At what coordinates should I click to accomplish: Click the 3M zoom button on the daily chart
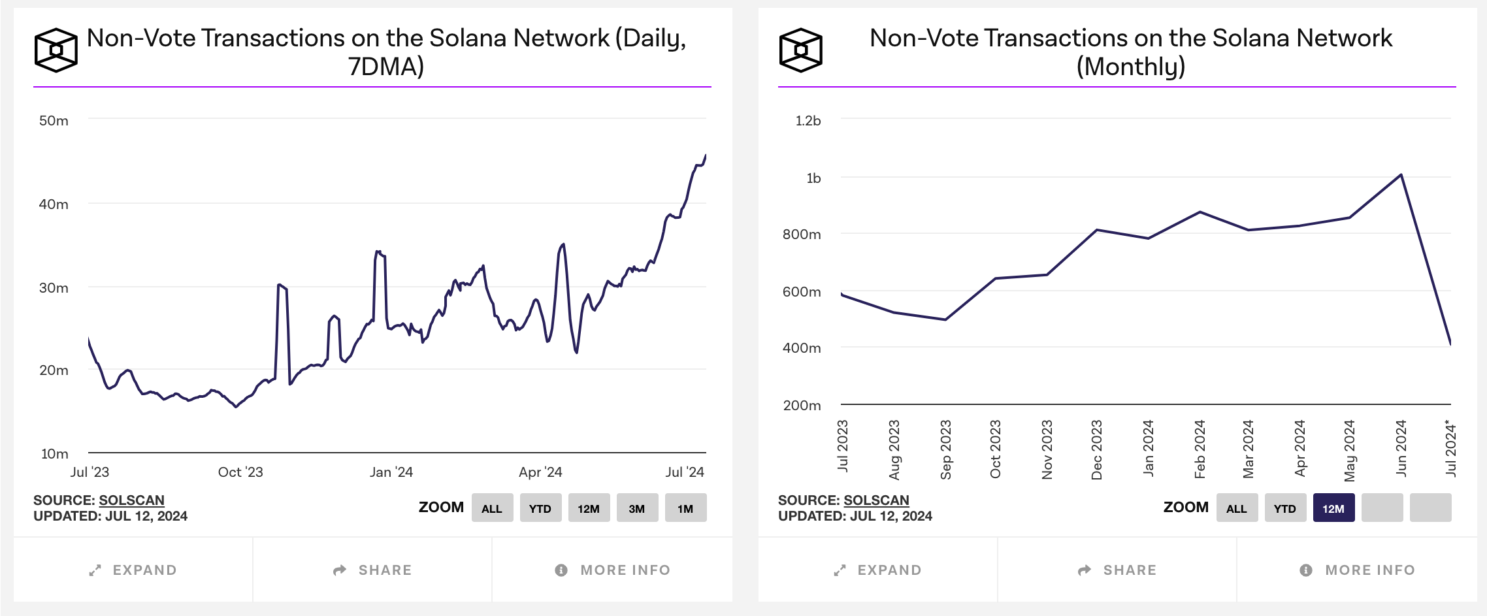[x=637, y=508]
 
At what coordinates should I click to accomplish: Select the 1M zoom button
[x=685, y=508]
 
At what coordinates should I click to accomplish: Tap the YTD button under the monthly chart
[x=1284, y=508]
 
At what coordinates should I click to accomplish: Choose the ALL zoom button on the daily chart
[x=492, y=508]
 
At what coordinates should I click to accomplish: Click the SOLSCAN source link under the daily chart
[x=131, y=500]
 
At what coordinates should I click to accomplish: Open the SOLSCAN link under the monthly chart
[x=876, y=500]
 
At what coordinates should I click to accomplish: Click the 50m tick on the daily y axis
[x=54, y=121]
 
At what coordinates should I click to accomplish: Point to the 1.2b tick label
[x=808, y=121]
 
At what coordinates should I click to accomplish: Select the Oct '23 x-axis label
[x=240, y=472]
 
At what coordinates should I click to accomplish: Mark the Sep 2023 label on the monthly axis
[x=945, y=449]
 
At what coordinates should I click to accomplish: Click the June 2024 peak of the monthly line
[x=1401, y=175]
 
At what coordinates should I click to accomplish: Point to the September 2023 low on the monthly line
[x=945, y=319]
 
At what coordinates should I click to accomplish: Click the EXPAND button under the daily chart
[x=133, y=570]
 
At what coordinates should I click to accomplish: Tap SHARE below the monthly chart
[x=1117, y=570]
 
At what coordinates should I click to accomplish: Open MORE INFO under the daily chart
[x=612, y=570]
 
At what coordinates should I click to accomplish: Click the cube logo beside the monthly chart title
[x=800, y=50]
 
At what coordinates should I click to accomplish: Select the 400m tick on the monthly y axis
[x=802, y=348]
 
